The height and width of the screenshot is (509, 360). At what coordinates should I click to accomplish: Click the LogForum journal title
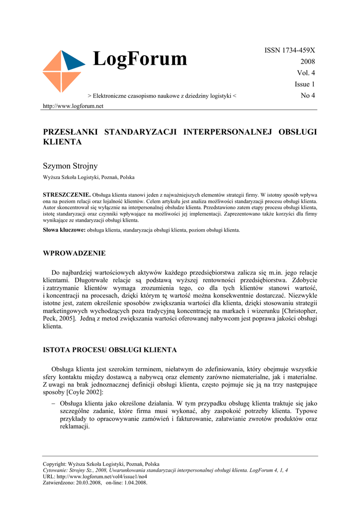tap(140, 59)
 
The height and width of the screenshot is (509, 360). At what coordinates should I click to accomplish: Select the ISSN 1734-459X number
tap(289, 50)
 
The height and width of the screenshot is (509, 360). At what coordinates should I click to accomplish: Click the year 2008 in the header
tap(307, 62)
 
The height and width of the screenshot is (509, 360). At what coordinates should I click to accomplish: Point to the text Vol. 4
tap(306, 73)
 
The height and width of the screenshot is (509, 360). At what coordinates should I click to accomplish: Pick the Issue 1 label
tap(305, 85)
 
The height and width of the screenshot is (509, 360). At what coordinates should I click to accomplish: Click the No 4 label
tap(308, 95)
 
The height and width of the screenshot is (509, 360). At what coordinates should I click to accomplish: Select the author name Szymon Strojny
tap(71, 166)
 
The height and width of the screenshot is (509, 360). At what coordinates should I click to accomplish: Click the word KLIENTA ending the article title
tap(62, 142)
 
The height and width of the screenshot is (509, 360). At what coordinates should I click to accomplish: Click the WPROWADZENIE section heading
tap(75, 253)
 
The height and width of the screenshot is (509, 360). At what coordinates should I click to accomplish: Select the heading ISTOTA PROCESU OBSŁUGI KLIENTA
tap(110, 350)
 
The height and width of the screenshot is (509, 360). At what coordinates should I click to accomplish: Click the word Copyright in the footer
tap(55, 464)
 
